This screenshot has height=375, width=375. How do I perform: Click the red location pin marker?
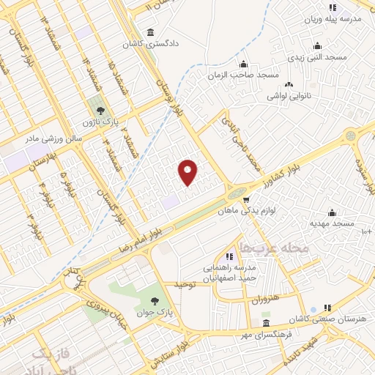point(188,171)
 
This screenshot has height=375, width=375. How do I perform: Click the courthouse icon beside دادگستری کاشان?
point(150,33)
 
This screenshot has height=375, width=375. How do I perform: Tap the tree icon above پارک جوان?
point(155,300)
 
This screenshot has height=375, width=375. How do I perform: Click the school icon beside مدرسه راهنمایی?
point(230,256)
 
